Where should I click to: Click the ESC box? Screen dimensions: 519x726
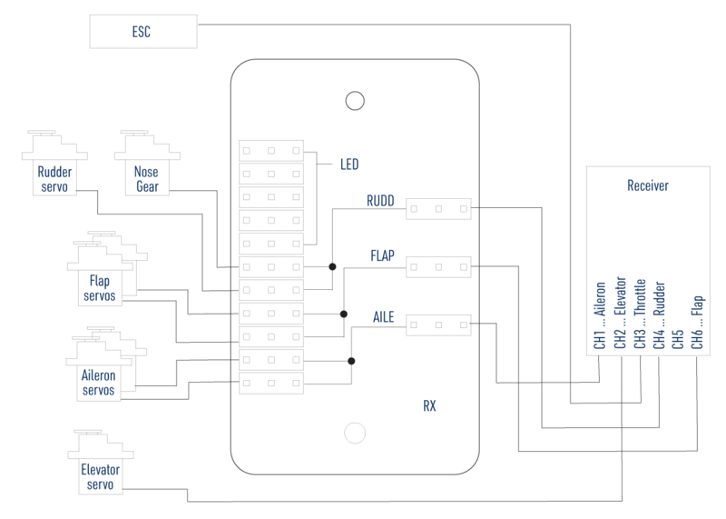[142, 33]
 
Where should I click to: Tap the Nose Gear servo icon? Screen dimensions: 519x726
[145, 163]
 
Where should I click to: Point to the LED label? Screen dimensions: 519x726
[349, 165]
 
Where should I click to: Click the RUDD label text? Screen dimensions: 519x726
[381, 202]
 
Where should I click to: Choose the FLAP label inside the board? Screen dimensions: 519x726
[381, 257]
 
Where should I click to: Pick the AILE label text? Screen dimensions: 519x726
[383, 314]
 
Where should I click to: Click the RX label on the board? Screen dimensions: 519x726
[429, 405]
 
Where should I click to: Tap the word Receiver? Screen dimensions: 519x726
[648, 186]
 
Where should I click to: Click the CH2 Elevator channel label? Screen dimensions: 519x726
[620, 314]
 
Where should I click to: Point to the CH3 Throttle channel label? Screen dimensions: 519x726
[640, 314]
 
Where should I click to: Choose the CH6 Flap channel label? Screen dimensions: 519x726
[699, 323]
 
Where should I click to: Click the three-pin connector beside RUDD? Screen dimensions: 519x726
[438, 209]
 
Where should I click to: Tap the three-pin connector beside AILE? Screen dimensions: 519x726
[438, 323]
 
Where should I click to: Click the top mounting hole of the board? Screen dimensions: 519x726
[355, 99]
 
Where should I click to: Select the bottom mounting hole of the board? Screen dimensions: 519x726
[355, 433]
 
